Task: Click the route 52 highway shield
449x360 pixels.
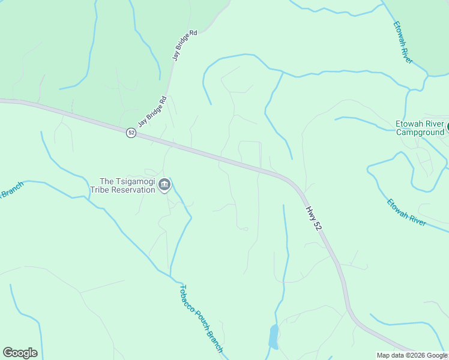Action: click(131, 133)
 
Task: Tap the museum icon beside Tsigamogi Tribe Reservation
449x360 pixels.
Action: click(164, 185)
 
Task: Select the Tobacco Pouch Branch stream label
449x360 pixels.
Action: click(201, 319)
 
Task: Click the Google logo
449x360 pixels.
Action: click(20, 353)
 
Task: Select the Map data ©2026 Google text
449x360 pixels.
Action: click(412, 355)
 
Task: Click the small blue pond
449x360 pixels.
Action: click(273, 338)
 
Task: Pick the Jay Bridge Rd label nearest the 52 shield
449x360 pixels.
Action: click(152, 112)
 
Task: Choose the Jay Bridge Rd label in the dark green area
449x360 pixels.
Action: click(185, 46)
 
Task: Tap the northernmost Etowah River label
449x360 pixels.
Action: click(403, 42)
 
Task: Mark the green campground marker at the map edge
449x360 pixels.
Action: click(447, 128)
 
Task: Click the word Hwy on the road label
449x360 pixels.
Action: click(310, 212)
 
